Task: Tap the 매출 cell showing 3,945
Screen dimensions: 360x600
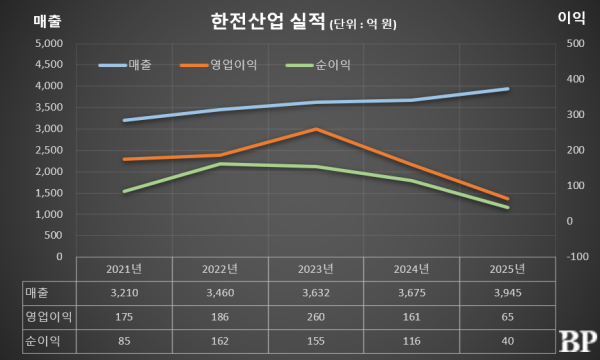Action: click(508, 293)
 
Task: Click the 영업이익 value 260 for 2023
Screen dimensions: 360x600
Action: click(316, 316)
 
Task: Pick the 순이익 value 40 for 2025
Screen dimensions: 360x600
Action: click(508, 340)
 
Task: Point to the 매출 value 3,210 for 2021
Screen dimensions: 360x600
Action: click(124, 293)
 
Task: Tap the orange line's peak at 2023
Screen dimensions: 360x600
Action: click(316, 129)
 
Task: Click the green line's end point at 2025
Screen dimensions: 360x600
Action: click(508, 207)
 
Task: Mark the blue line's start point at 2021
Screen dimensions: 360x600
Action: click(124, 120)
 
